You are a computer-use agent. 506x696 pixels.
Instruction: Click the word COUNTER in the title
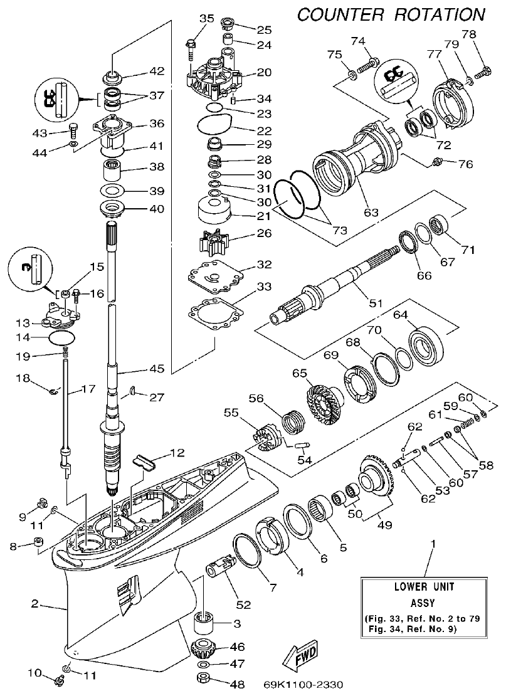pos(342,14)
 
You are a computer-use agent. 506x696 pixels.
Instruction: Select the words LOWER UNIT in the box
pos(424,588)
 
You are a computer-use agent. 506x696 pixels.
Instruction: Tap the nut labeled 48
pos(203,678)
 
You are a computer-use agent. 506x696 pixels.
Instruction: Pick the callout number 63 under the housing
pos(371,213)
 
